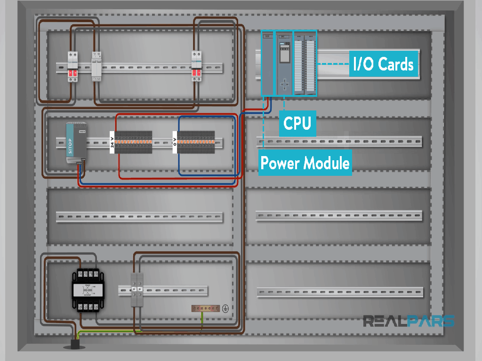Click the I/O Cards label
[384, 64]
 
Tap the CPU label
[297, 123]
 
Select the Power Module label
[305, 163]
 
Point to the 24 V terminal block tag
[112, 140]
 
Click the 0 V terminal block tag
[175, 140]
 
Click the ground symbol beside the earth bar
[225, 308]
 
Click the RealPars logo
[408, 322]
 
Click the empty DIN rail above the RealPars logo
[339, 292]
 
